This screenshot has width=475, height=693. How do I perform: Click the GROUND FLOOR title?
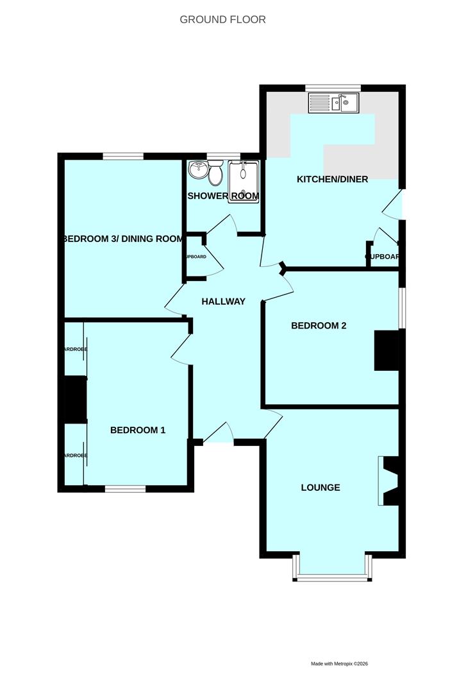pyautogui.click(x=222, y=20)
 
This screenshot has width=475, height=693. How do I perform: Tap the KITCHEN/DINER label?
pyautogui.click(x=332, y=179)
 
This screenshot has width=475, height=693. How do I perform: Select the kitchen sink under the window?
pyautogui.click(x=334, y=102)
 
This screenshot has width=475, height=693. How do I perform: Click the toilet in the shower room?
pyautogui.click(x=215, y=173)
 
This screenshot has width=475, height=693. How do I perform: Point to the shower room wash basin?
pyautogui.click(x=198, y=171)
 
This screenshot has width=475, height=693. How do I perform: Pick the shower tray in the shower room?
pyautogui.click(x=244, y=181)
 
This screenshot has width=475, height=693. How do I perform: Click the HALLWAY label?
pyautogui.click(x=223, y=302)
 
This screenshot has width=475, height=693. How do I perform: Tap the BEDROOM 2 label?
pyautogui.click(x=319, y=325)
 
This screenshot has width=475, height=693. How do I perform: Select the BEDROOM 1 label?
pyautogui.click(x=138, y=430)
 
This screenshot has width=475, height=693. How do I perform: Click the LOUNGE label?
pyautogui.click(x=321, y=488)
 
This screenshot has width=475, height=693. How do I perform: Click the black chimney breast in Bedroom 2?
pyautogui.click(x=387, y=350)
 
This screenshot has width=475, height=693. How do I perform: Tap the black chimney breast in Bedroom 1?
pyautogui.click(x=75, y=400)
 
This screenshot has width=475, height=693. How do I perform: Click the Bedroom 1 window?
pyautogui.click(x=125, y=489)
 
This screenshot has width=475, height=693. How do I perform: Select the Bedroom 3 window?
pyautogui.click(x=122, y=156)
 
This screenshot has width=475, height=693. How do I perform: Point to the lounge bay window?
pyautogui.click(x=333, y=577)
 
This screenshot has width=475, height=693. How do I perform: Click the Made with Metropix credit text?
pyautogui.click(x=340, y=664)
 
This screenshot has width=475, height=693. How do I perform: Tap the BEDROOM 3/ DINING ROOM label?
pyautogui.click(x=122, y=239)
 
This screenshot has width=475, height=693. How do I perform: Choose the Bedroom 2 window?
pyautogui.click(x=402, y=309)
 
